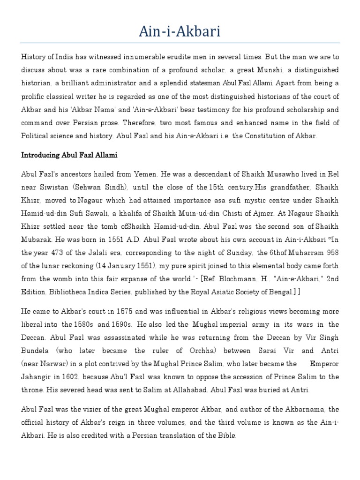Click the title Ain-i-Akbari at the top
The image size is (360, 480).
[x=180, y=32]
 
